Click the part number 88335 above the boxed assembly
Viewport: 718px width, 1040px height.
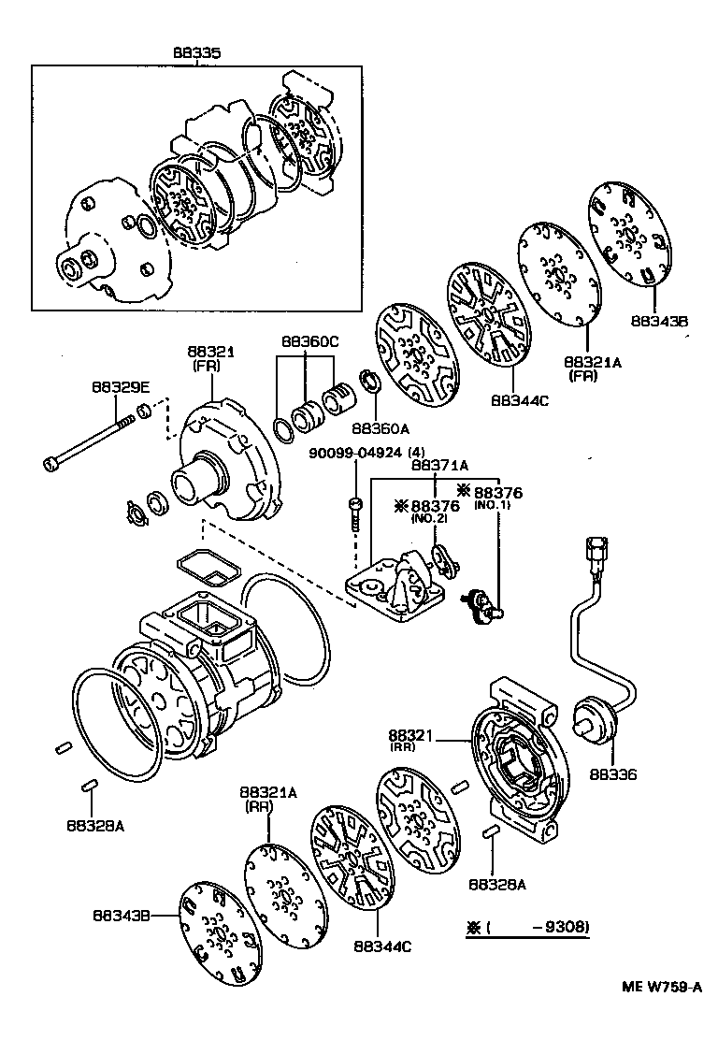click(196, 54)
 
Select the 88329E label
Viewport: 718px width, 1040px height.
click(117, 385)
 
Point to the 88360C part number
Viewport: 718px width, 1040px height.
click(308, 342)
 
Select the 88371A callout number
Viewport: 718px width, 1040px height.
click(439, 465)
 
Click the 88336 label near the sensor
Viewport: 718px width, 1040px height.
click(613, 773)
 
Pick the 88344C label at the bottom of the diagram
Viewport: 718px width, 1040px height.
click(382, 946)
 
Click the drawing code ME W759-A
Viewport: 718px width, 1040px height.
click(663, 987)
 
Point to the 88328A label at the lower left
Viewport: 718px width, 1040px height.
click(93, 825)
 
